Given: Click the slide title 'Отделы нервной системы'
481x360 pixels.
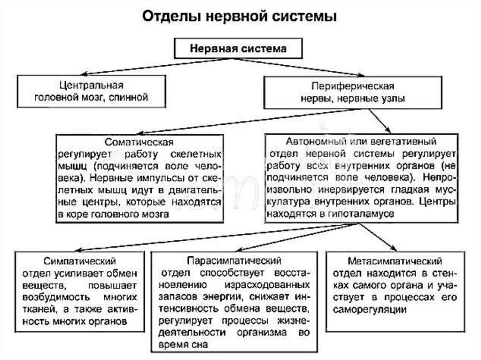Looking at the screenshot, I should point(240,17).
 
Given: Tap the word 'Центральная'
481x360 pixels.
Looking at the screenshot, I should point(92,86).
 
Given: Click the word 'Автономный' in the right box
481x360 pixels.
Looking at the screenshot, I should point(308,141).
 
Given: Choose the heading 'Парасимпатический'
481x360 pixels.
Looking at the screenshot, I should point(234,260).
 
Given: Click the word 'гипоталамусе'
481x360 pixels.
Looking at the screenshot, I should point(360,213).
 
